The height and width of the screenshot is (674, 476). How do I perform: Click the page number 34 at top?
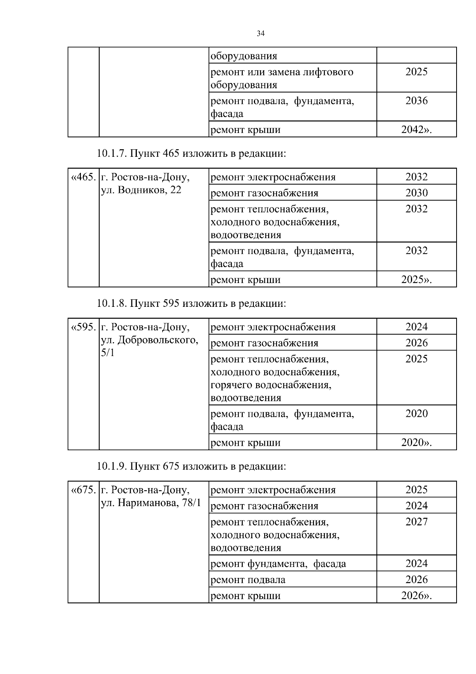pyautogui.click(x=261, y=34)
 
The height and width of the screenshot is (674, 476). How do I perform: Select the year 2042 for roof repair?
pyautogui.click(x=416, y=130)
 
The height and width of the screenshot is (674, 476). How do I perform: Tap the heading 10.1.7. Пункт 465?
pyautogui.click(x=191, y=153)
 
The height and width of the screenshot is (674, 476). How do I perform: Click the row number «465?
pyautogui.click(x=83, y=177)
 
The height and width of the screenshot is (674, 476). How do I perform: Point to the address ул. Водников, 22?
pyautogui.click(x=141, y=190)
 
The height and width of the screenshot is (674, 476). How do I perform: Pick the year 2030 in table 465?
pyautogui.click(x=416, y=193)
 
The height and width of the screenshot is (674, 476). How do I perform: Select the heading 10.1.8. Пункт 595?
pyautogui.click(x=191, y=304)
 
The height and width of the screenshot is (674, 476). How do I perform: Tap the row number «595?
pyautogui.click(x=83, y=327)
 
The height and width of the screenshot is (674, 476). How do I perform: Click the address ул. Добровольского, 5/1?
pyautogui.click(x=149, y=340)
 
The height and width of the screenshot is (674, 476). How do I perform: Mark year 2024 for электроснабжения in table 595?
pyautogui.click(x=416, y=327)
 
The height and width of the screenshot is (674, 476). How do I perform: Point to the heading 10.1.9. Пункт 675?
pyautogui.click(x=191, y=466)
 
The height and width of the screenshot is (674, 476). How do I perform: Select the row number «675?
pyautogui.click(x=83, y=490)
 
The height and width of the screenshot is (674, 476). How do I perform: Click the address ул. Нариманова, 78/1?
pyautogui.click(x=151, y=503)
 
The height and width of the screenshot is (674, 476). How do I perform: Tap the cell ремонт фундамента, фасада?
pyautogui.click(x=278, y=564)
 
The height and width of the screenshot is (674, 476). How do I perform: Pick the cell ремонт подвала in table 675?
pyautogui.click(x=248, y=580)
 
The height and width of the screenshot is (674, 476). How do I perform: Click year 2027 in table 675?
pyautogui.click(x=416, y=522)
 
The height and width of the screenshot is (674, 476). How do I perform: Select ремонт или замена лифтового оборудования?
pyautogui.click(x=282, y=78)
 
